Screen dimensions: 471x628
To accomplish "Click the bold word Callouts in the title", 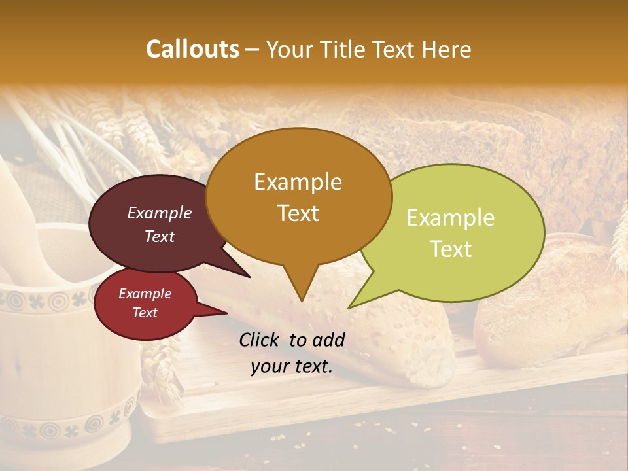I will coord(192,49).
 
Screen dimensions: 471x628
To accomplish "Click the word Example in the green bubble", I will coord(451,218).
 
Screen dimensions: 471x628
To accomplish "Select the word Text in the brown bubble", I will coord(298,213).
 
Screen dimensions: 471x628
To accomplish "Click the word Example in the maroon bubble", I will coord(159,213).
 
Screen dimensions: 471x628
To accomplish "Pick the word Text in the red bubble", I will coord(145,313).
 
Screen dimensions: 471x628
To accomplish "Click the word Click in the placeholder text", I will coord(260,340).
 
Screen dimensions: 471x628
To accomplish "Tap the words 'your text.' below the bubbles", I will coord(291,367).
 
